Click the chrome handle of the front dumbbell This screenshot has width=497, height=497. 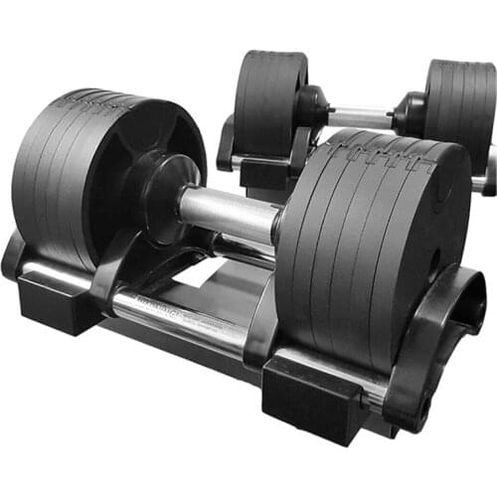click(227, 210)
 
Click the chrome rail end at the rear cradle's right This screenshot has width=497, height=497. click(483, 183)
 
